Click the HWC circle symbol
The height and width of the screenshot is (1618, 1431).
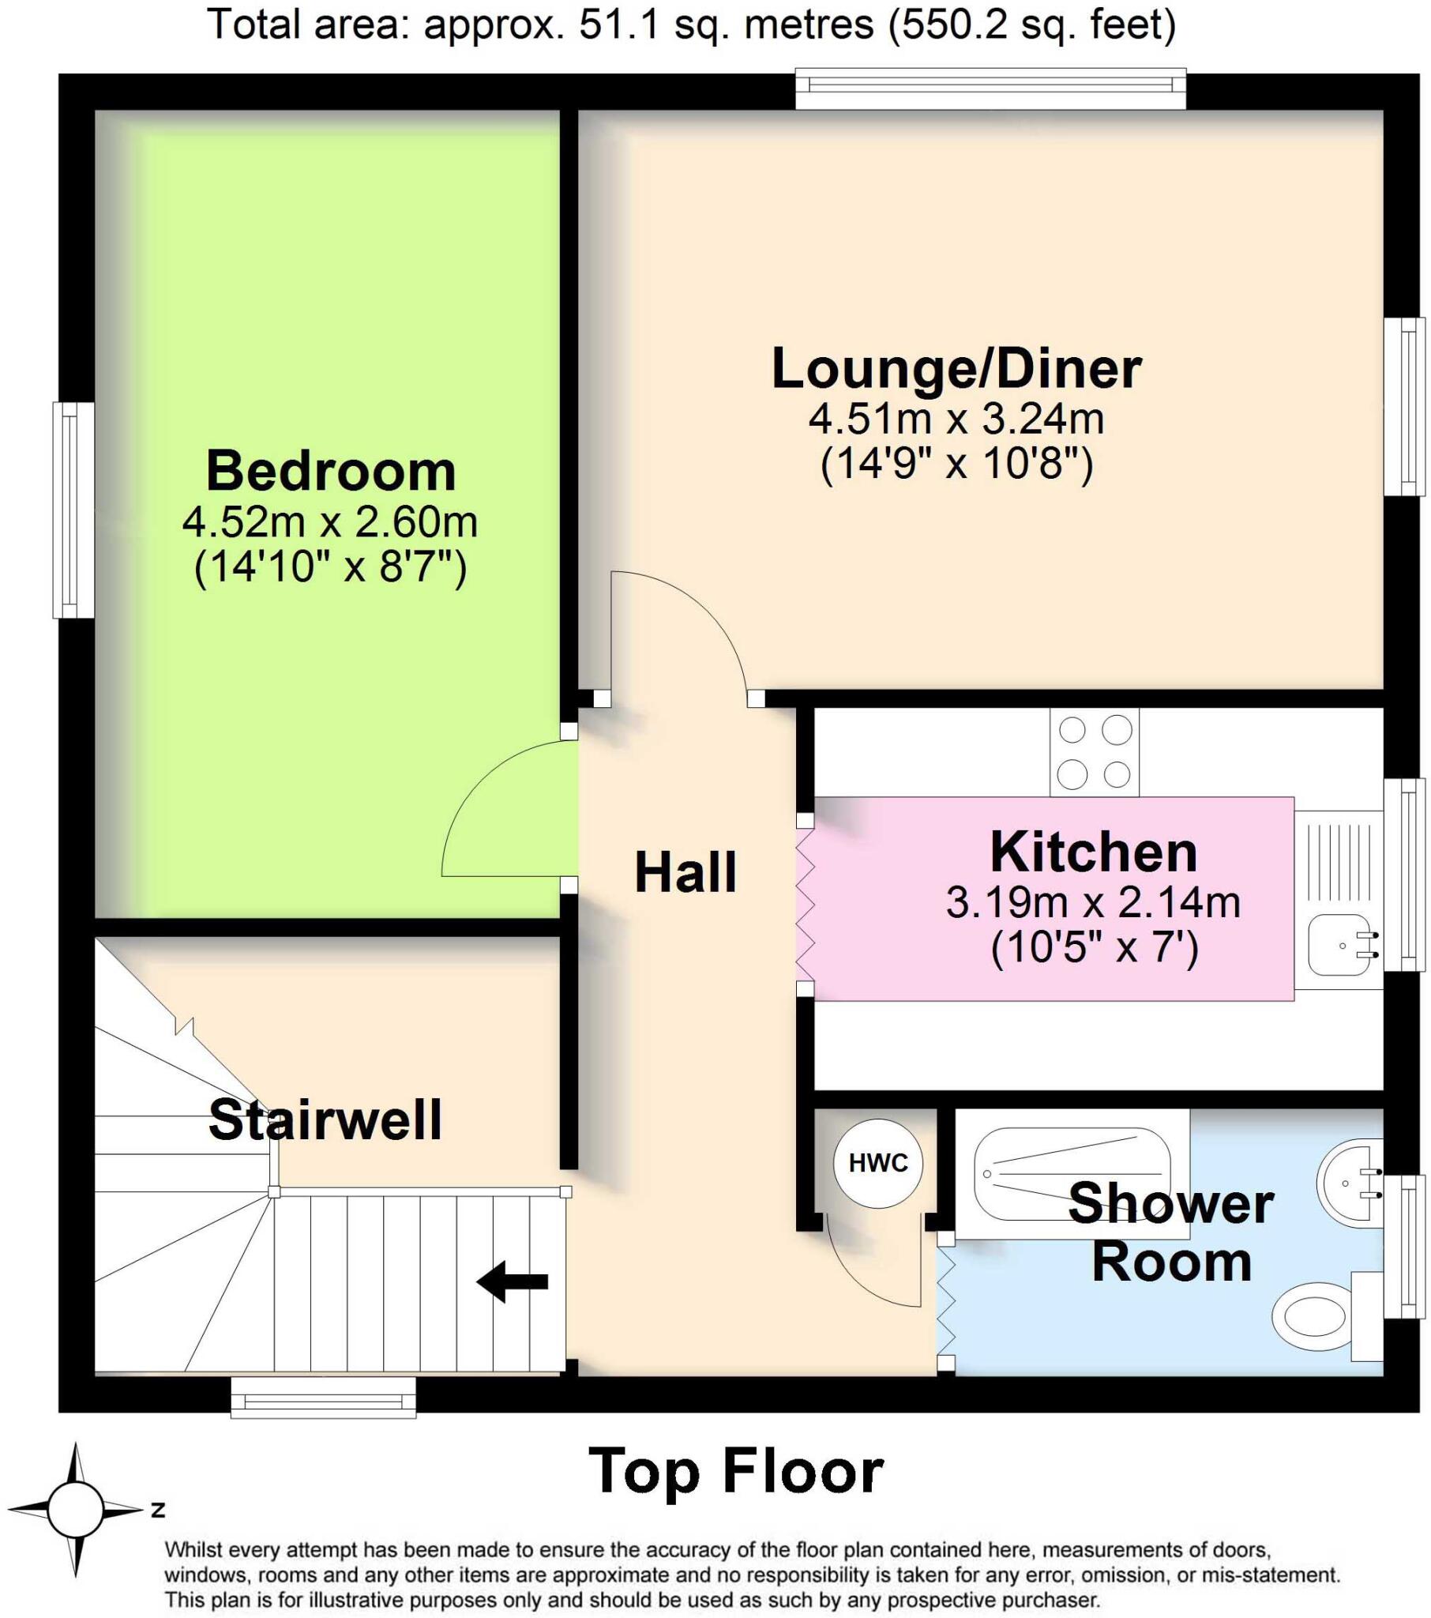point(877,1163)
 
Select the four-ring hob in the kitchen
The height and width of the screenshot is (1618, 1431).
point(1094,752)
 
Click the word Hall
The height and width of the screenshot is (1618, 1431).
point(685,872)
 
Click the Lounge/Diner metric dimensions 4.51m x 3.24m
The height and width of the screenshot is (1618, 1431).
point(956,418)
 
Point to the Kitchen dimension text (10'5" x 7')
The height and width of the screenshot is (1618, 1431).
point(1094,946)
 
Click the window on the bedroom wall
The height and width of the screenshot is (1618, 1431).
point(73,510)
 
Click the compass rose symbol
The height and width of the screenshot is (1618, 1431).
point(76,1509)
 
